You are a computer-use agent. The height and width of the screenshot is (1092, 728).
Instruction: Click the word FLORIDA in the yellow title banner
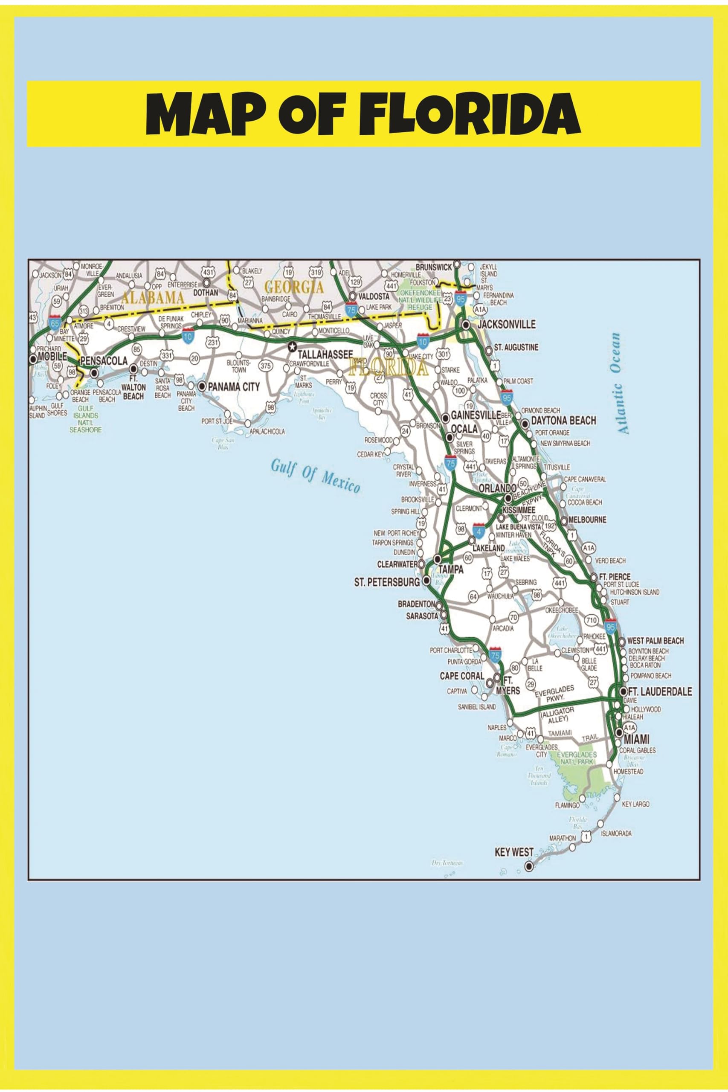(x=470, y=114)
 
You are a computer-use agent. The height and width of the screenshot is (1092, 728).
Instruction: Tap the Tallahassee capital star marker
(x=292, y=346)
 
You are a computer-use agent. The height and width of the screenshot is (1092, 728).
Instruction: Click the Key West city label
(x=514, y=852)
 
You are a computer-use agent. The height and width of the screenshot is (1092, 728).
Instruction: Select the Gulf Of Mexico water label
(x=315, y=476)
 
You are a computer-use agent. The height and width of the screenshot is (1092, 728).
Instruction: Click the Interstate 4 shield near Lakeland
(x=479, y=530)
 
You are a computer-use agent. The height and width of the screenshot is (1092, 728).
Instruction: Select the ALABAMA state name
(x=153, y=297)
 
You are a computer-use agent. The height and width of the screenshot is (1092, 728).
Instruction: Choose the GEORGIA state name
(x=293, y=288)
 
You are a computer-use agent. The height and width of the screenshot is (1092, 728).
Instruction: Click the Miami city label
(x=636, y=739)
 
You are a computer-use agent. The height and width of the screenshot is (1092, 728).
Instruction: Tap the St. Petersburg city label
(x=386, y=582)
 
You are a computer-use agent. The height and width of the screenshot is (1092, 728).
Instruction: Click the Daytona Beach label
(x=563, y=421)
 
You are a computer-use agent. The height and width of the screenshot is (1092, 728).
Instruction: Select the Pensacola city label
(x=104, y=361)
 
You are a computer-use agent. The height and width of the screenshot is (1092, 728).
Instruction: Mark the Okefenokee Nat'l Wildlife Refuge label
(x=420, y=300)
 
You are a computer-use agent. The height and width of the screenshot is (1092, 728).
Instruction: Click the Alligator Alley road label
(x=557, y=715)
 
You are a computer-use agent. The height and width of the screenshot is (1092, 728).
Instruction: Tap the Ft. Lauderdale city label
(x=659, y=692)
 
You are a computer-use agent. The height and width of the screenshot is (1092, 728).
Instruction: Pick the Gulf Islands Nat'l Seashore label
(x=85, y=419)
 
